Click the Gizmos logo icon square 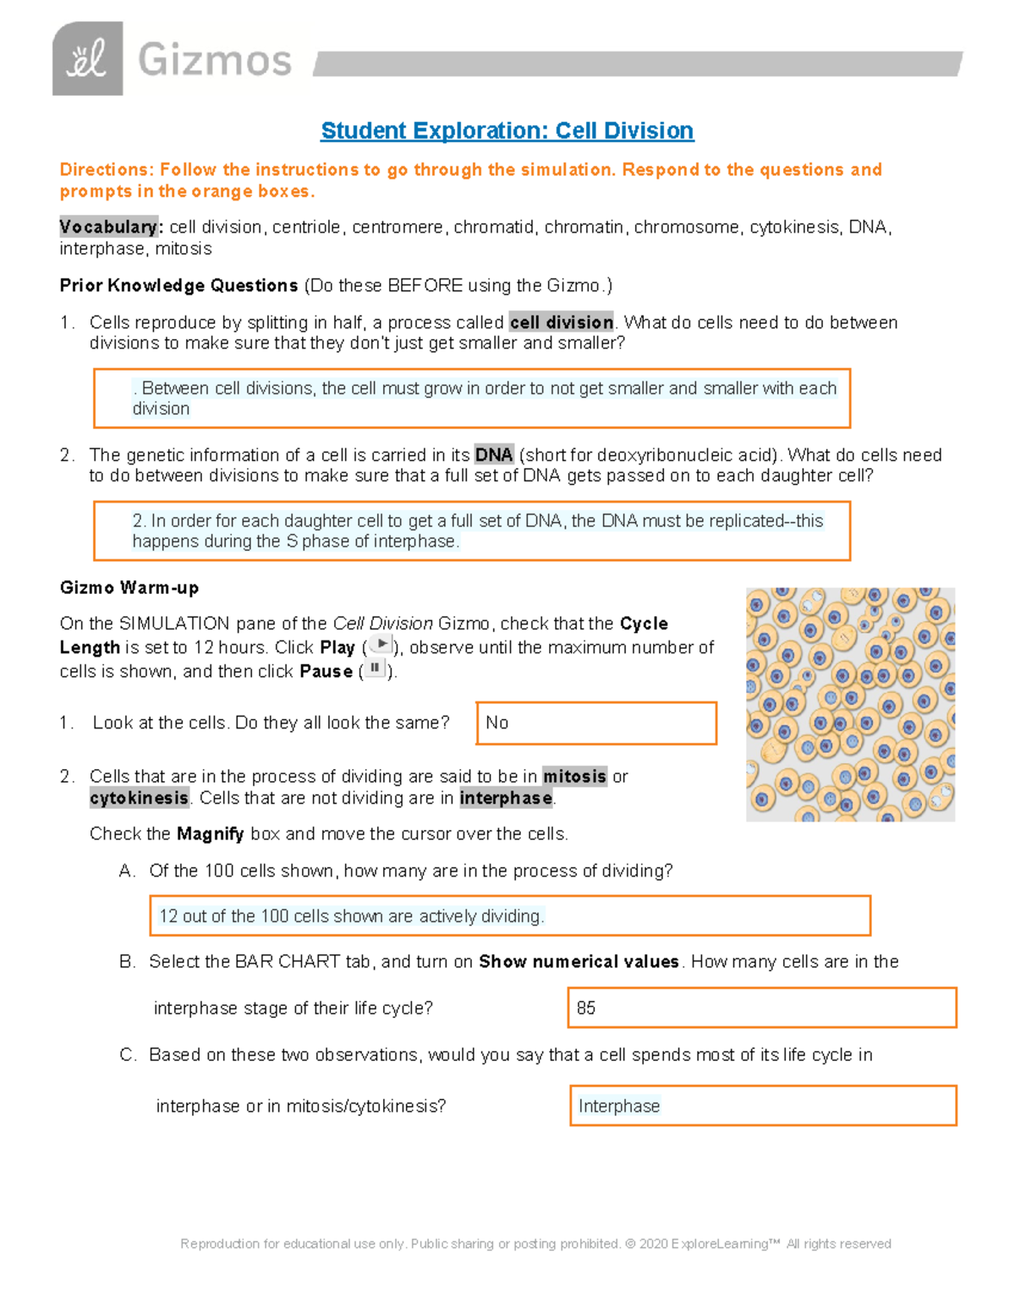tap(87, 59)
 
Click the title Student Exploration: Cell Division tap(507, 130)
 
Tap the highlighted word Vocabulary tap(108, 227)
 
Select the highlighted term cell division tap(562, 322)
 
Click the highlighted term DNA tap(494, 455)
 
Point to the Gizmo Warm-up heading tap(129, 587)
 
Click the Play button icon tap(382, 645)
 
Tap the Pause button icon tap(375, 668)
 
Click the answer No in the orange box tap(497, 723)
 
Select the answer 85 tap(586, 1008)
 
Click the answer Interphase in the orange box tap(618, 1106)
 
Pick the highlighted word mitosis tap(574, 777)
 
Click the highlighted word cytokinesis tap(140, 798)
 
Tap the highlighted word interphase tap(506, 798)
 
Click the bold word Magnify tap(210, 834)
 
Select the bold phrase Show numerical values tap(579, 962)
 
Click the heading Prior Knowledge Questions tap(178, 286)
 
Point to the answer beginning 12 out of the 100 tap(351, 916)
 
